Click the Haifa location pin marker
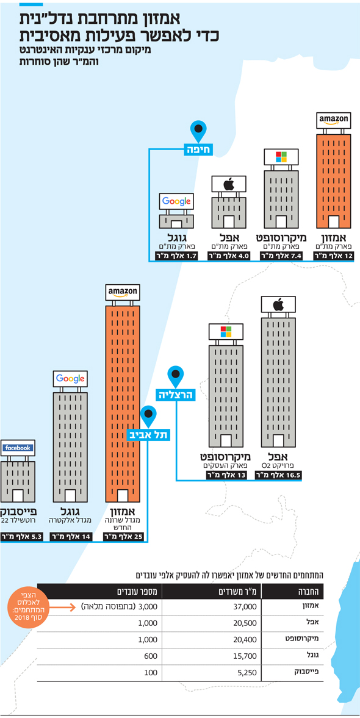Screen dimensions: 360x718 coord(198,131)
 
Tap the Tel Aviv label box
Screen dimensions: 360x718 coord(148,434)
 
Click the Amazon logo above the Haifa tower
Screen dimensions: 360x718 coord(334,121)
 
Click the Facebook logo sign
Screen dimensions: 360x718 coord(18,448)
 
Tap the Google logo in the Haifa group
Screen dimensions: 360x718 coord(176,201)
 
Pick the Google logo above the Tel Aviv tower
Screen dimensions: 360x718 coord(71,379)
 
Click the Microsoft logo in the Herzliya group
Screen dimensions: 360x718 coord(226,331)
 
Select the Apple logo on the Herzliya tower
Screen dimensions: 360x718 coord(278,304)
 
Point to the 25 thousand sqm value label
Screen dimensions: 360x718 coord(121,537)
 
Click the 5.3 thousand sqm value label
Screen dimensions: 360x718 coord(21,537)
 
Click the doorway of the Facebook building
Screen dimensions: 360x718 coord(18,495)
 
